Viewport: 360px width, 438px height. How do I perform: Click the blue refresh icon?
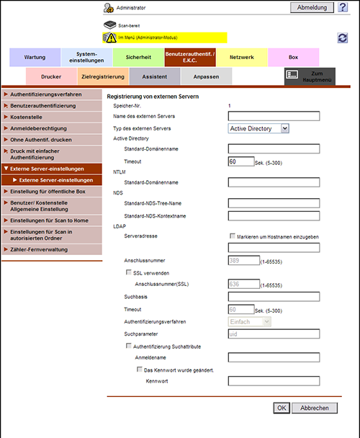click(343, 37)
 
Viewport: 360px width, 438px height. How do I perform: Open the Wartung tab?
click(35, 57)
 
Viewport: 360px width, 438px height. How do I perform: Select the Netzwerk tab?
click(242, 57)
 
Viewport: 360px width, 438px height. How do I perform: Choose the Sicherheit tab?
click(138, 57)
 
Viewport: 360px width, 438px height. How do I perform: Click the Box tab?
click(293, 57)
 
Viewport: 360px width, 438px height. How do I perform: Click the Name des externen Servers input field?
click(274, 116)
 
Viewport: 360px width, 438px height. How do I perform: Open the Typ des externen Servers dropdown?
click(258, 128)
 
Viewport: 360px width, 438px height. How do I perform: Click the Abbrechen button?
click(315, 408)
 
